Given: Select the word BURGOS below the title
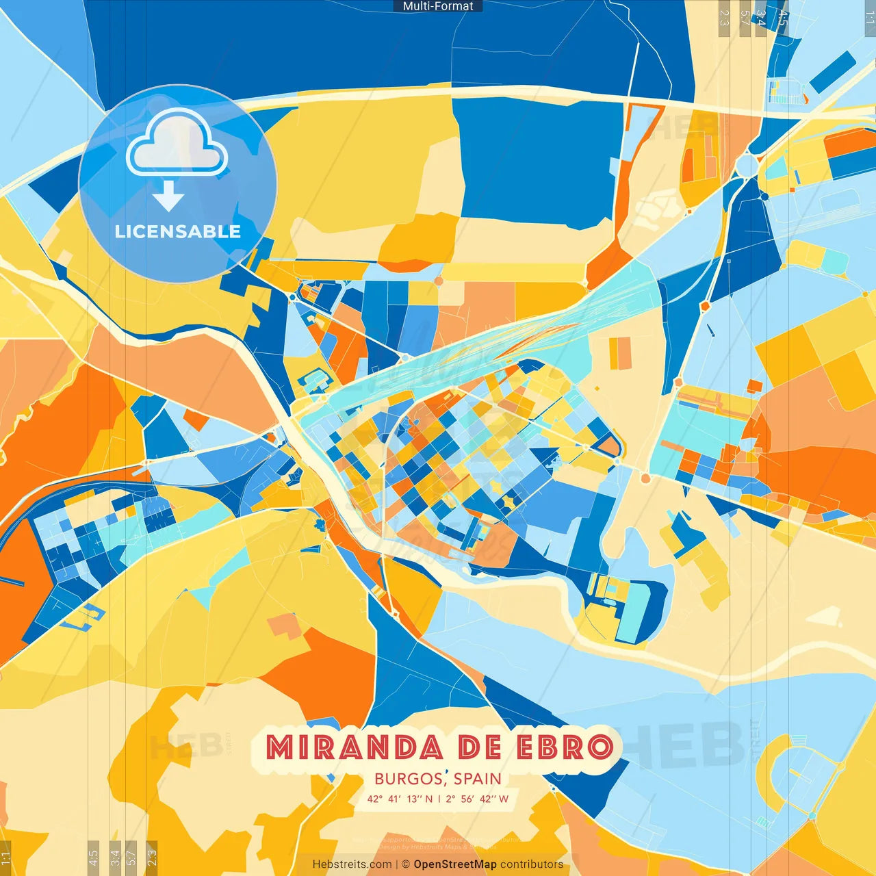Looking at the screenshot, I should (408, 779).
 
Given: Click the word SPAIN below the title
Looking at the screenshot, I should (477, 779).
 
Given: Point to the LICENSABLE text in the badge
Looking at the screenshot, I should (178, 232).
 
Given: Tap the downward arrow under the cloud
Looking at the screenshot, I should (168, 196).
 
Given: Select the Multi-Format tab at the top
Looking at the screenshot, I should (438, 6).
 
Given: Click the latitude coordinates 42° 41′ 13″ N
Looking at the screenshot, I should (400, 799).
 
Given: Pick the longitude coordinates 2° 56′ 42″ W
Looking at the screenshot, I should (477, 799).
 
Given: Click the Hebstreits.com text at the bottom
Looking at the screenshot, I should (352, 864).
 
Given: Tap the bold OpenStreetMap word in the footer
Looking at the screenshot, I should (455, 864).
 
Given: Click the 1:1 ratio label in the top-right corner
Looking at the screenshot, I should (869, 17).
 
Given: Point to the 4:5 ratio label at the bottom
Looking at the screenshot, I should (93, 856).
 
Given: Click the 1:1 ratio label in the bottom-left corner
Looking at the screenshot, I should (6, 856).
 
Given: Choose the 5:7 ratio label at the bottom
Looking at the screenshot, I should (131, 856).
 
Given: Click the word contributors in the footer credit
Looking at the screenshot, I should (532, 864).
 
